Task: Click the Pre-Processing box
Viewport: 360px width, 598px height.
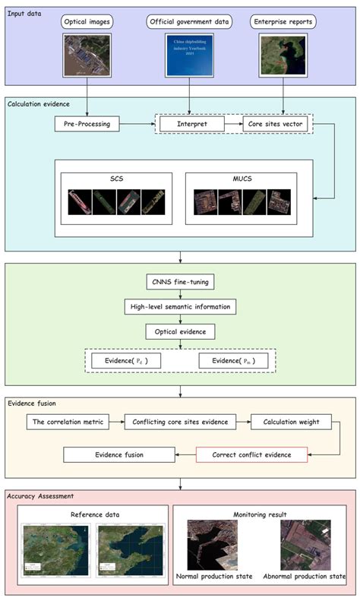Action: point(87,122)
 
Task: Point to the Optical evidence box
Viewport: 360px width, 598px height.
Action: point(180,332)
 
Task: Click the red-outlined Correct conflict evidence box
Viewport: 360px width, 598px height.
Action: point(251,455)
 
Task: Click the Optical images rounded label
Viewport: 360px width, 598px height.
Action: point(87,23)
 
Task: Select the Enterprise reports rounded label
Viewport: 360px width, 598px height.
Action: point(283,23)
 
